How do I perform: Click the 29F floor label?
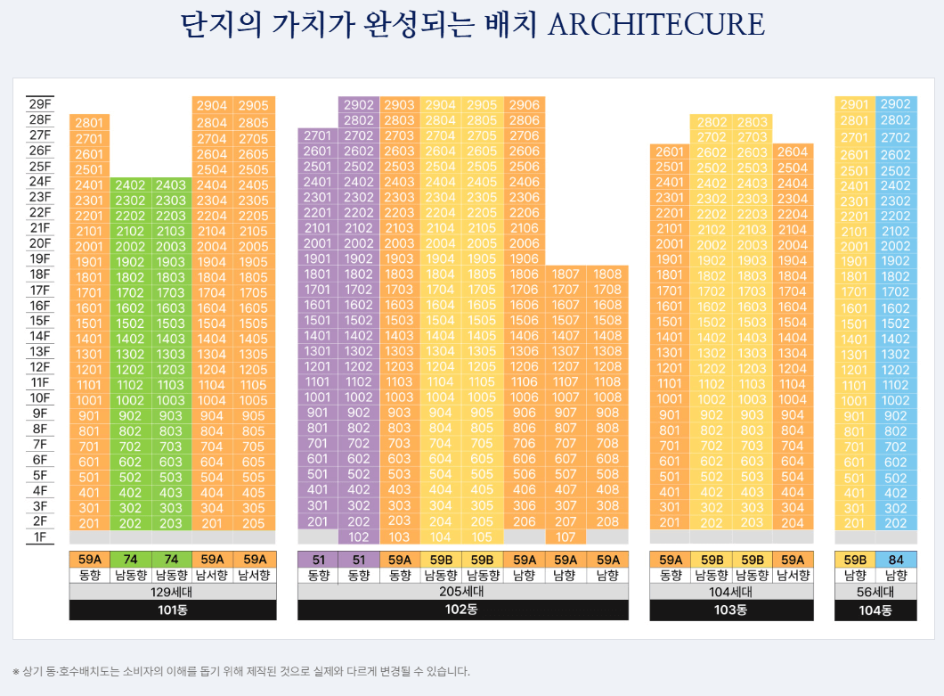[40, 103]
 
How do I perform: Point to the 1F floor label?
[40, 536]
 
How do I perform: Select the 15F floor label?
[40, 321]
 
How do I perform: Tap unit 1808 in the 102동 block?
[607, 274]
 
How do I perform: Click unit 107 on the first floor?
[566, 537]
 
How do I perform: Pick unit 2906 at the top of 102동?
[525, 105]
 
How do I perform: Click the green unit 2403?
[171, 185]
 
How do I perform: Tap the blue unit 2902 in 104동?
[895, 104]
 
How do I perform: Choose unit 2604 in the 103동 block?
[793, 152]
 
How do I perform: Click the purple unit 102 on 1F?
[359, 537]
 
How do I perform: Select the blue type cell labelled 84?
[895, 560]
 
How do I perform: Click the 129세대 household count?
[173, 592]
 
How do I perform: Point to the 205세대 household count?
[462, 592]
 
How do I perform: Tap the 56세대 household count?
[875, 592]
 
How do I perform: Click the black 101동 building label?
[173, 610]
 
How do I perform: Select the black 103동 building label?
[730, 610]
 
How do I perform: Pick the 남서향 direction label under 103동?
[793, 576]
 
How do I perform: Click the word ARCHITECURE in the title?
[656, 25]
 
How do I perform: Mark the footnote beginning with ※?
[240, 671]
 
